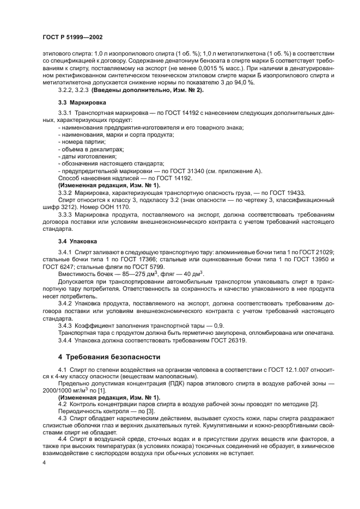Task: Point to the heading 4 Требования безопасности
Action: point(109,357)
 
